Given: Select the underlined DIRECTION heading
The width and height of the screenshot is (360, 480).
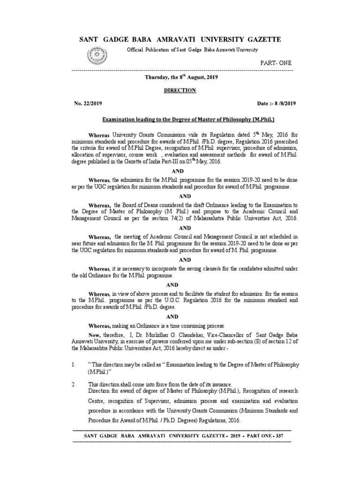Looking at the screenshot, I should pos(180,90).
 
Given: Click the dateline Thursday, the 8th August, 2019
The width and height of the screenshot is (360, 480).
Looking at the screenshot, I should pos(180,76).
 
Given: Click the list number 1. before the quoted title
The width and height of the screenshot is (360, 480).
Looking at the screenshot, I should pos(74,364).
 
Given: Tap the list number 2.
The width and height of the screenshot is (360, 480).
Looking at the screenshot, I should pos(74,384).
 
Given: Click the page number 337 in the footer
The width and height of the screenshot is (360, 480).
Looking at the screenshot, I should pos(285,436).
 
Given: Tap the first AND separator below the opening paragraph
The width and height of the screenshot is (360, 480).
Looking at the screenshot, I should pos(180,172).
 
